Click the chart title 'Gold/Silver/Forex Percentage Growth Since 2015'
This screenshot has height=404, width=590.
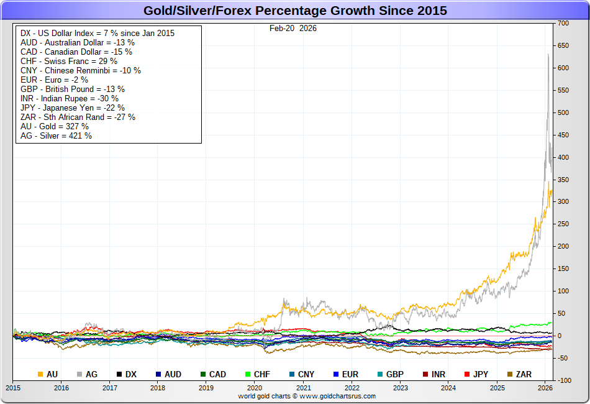(295, 11)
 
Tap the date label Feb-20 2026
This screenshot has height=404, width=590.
(293, 28)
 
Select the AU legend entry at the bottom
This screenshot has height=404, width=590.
(48, 374)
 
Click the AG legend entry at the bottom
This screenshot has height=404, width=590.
(86, 374)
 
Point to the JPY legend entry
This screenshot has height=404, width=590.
(476, 374)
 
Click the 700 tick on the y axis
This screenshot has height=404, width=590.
(563, 23)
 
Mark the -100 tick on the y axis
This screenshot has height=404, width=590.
(563, 380)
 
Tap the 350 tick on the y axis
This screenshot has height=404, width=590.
(563, 180)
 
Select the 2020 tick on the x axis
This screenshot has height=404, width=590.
(255, 388)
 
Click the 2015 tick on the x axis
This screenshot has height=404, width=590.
(13, 388)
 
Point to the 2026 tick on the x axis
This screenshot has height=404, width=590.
(545, 388)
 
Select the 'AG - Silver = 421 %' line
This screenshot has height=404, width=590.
(56, 135)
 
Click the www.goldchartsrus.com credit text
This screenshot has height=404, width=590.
(307, 396)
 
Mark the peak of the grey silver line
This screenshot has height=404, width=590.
(548, 54)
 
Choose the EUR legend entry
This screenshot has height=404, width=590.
(346, 374)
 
